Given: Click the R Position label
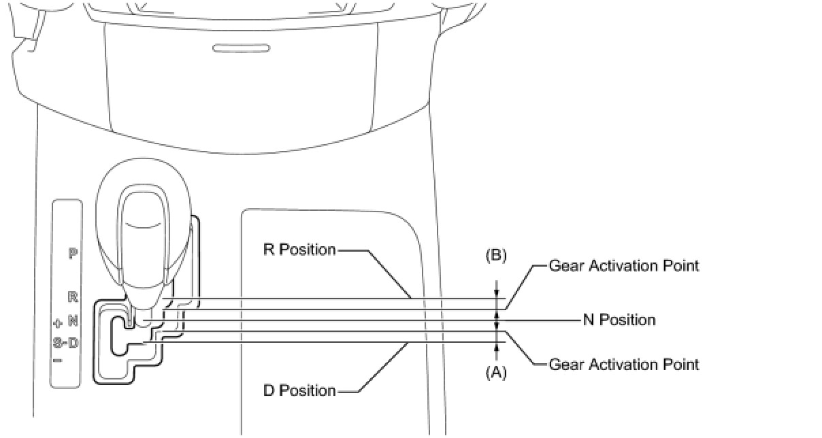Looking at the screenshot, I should pyautogui.click(x=299, y=250).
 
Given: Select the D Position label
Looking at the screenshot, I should pyautogui.click(x=299, y=391).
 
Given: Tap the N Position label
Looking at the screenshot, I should pyautogui.click(x=619, y=320).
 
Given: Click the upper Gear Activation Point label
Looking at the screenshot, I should pyautogui.click(x=624, y=265).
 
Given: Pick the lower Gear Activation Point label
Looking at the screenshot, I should pyautogui.click(x=624, y=365).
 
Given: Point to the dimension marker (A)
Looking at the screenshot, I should pyautogui.click(x=496, y=373).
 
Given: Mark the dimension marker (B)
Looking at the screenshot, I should pyautogui.click(x=496, y=256).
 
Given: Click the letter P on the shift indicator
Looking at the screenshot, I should pyautogui.click(x=73, y=254).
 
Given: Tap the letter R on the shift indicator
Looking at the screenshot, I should pyautogui.click(x=73, y=297).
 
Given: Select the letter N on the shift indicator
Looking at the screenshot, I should pyautogui.click(x=73, y=320).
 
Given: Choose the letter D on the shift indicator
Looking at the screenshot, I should pyautogui.click(x=73, y=343).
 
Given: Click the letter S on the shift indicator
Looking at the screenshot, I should pyautogui.click(x=58, y=343).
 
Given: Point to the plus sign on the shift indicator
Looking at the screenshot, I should pyautogui.click(x=58, y=322).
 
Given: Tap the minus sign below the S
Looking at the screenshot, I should pyautogui.click(x=58, y=360).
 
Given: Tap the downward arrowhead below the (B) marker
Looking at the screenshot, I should pyautogui.click(x=496, y=294).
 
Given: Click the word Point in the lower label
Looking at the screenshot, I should pyautogui.click(x=683, y=365).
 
